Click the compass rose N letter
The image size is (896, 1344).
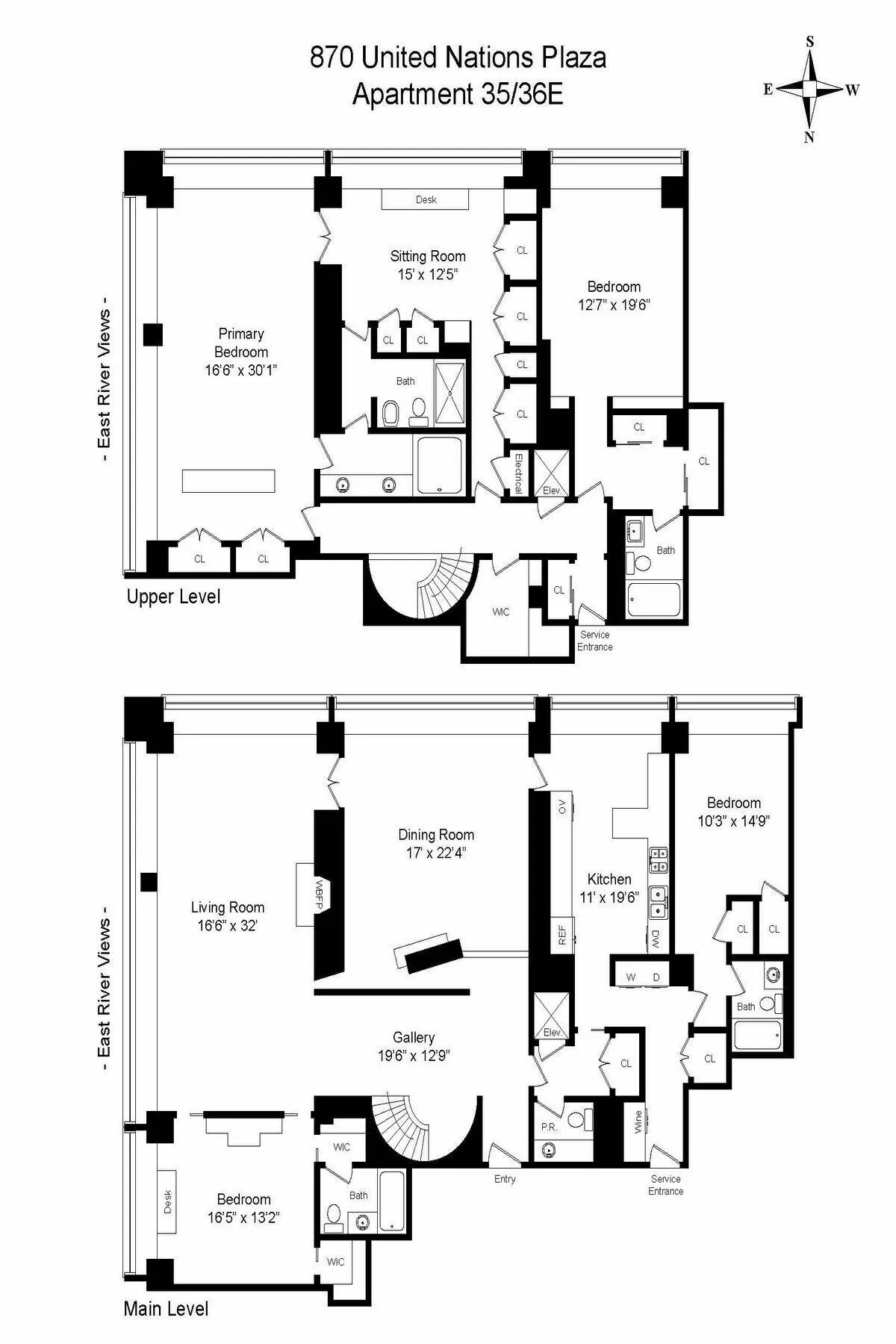pos(809,137)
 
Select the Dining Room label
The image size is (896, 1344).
pos(435,835)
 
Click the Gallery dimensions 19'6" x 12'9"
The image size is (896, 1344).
pos(414,1056)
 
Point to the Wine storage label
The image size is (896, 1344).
pos(638,1122)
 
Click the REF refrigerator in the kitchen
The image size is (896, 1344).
pos(562,934)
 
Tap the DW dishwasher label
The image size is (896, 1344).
pos(656,938)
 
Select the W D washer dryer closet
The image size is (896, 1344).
pos(643,977)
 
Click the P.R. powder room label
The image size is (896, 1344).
pos(549,1127)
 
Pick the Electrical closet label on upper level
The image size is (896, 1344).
pos(517,473)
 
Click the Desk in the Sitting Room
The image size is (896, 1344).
pos(426,199)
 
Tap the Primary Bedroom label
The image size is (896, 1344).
pos(240,343)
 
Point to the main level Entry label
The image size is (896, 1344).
pos(505,1179)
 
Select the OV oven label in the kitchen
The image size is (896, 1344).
pos(562,806)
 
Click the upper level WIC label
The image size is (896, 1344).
pos(500,612)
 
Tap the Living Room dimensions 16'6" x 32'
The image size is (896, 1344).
pos(227,925)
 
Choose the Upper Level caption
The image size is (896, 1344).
pos(173,597)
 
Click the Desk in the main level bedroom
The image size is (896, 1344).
pos(167,1201)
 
